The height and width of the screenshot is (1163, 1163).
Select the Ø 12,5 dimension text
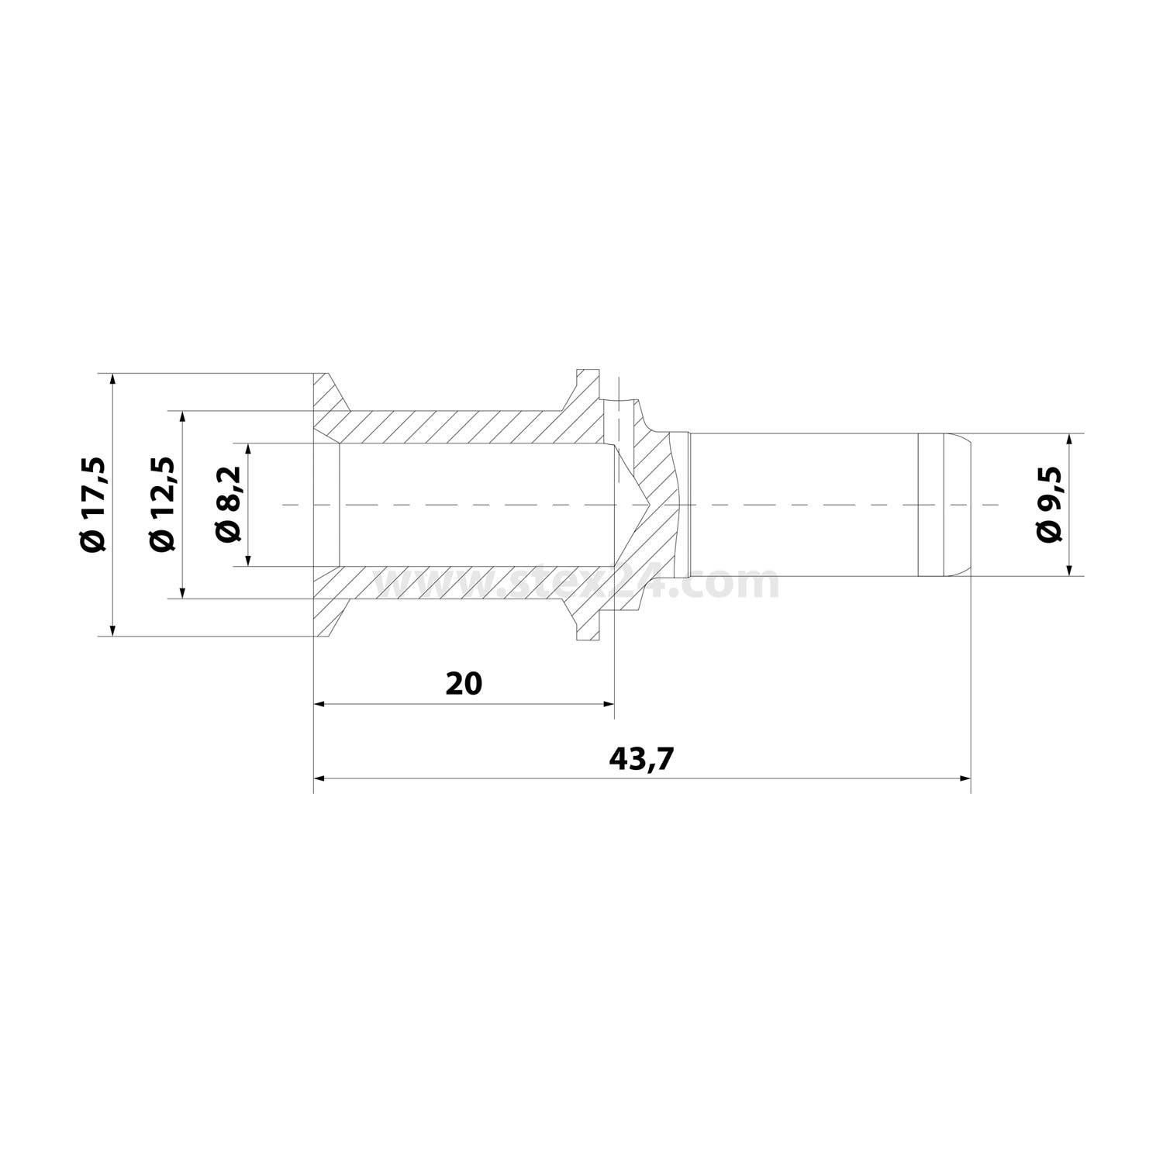tap(162, 505)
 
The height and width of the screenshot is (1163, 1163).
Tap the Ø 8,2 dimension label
tap(229, 506)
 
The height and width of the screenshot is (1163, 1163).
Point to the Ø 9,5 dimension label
tap(1047, 506)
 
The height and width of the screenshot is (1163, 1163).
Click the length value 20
tap(464, 683)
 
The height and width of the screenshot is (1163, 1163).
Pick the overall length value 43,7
tap(642, 759)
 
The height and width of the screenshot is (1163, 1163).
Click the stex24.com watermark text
tap(578, 583)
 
